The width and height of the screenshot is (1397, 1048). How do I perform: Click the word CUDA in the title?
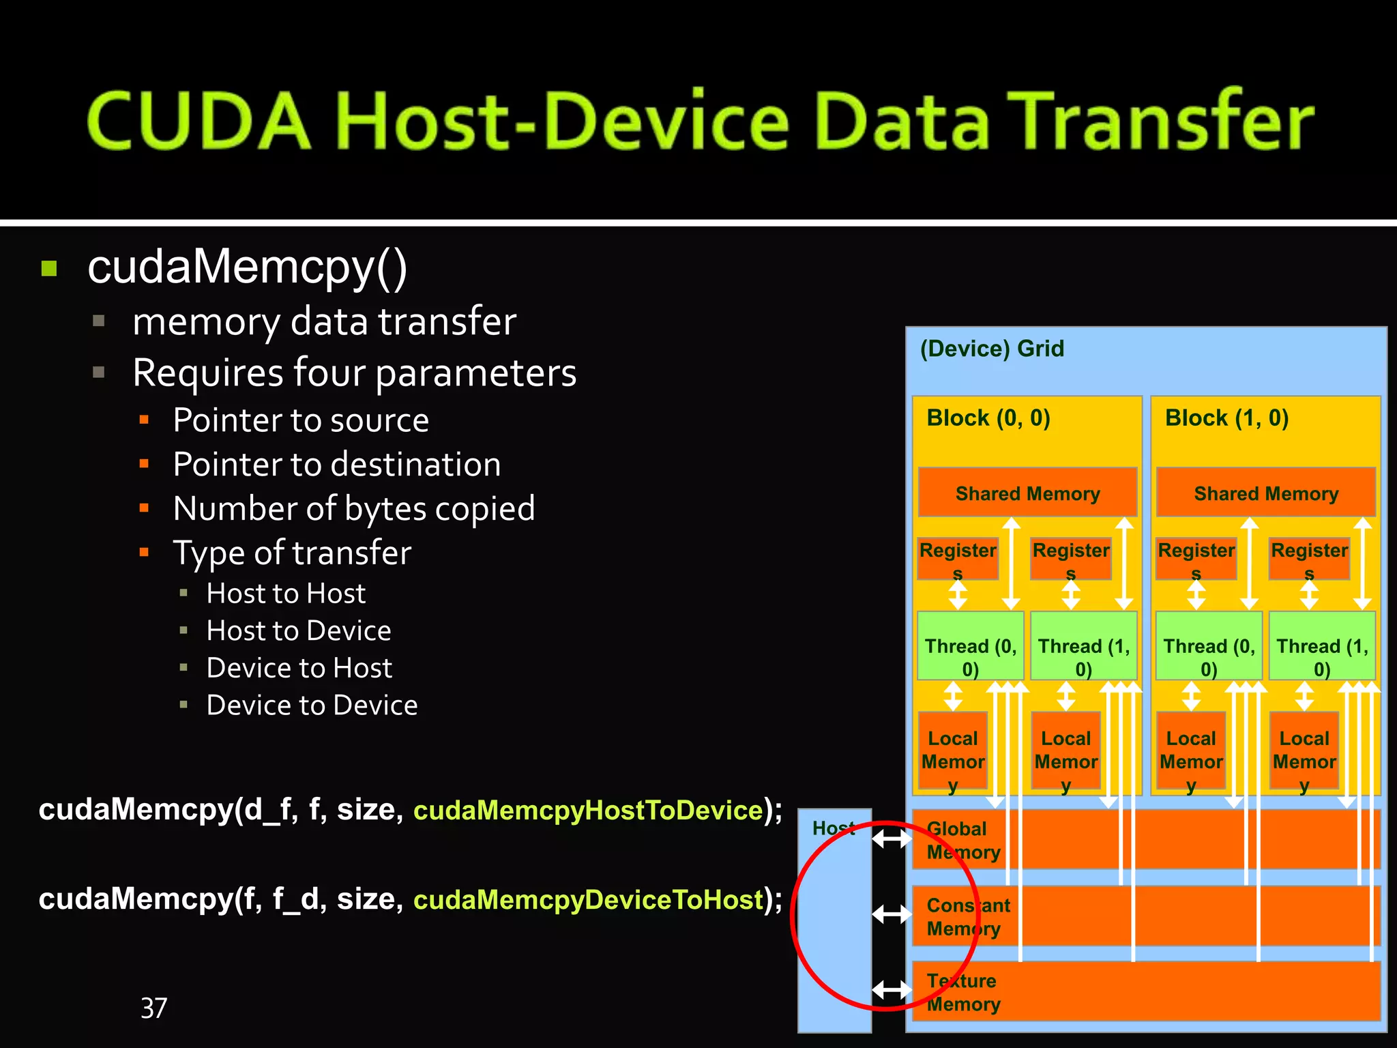pyautogui.click(x=198, y=121)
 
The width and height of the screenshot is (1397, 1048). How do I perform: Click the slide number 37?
pyautogui.click(x=153, y=1008)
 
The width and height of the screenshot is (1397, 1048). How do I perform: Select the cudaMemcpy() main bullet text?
pyautogui.click(x=247, y=267)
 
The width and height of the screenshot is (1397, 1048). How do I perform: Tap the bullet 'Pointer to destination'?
pyautogui.click(x=336, y=465)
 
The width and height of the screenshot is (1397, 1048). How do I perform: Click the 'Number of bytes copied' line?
pyautogui.click(x=353, y=509)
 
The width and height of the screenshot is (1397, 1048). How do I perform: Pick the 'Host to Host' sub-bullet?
pyautogui.click(x=286, y=594)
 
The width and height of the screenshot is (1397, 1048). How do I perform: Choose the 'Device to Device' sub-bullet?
pyautogui.click(x=312, y=705)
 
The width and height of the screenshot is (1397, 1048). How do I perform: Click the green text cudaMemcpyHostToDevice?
pyautogui.click(x=588, y=811)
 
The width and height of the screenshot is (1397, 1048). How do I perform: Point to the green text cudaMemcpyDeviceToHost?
pyautogui.click(x=588, y=900)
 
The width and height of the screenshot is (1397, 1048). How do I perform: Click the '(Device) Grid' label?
pyautogui.click(x=991, y=349)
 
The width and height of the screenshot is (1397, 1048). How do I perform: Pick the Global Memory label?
pyautogui.click(x=962, y=841)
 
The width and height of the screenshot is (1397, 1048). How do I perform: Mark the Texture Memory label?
pyautogui.click(x=962, y=993)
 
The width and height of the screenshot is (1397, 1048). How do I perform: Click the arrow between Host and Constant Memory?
pyautogui.click(x=892, y=914)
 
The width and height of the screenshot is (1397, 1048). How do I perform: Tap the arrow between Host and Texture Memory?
pyautogui.click(x=892, y=989)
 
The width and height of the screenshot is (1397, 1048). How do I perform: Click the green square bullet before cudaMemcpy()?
pyautogui.click(x=49, y=268)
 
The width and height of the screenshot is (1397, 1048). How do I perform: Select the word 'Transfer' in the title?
pyautogui.click(x=1160, y=121)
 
